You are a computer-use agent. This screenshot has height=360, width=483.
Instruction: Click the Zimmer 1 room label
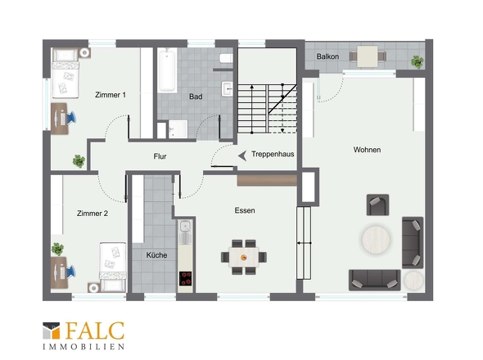click(x=111, y=95)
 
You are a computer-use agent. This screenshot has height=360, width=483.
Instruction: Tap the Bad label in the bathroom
click(x=196, y=97)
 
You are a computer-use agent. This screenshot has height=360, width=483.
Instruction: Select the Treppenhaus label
click(x=273, y=154)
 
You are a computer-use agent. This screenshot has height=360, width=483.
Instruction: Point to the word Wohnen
click(x=367, y=150)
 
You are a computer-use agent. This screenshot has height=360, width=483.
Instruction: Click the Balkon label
click(x=327, y=56)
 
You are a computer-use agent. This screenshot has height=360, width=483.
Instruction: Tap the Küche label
click(x=156, y=255)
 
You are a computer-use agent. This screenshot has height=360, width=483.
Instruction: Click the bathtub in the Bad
click(x=167, y=71)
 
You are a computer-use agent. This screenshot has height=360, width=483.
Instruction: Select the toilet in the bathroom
click(x=226, y=58)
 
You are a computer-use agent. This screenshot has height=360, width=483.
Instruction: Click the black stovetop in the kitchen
click(x=186, y=279)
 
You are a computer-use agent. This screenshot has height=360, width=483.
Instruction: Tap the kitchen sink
click(x=185, y=227)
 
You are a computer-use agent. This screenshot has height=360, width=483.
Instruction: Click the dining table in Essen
click(x=244, y=257)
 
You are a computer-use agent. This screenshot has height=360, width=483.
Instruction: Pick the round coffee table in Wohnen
click(x=376, y=240)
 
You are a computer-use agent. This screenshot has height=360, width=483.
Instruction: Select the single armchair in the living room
click(x=377, y=205)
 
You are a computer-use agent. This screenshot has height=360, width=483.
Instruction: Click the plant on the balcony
click(x=417, y=61)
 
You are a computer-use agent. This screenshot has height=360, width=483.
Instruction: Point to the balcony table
click(x=368, y=56)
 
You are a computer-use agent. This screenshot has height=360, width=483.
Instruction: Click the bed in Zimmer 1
click(x=65, y=74)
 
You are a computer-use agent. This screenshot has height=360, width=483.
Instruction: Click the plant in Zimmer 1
click(x=79, y=161)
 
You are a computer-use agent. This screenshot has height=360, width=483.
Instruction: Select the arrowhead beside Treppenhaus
click(x=242, y=155)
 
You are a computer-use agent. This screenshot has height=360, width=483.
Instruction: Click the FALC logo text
click(x=95, y=331)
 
